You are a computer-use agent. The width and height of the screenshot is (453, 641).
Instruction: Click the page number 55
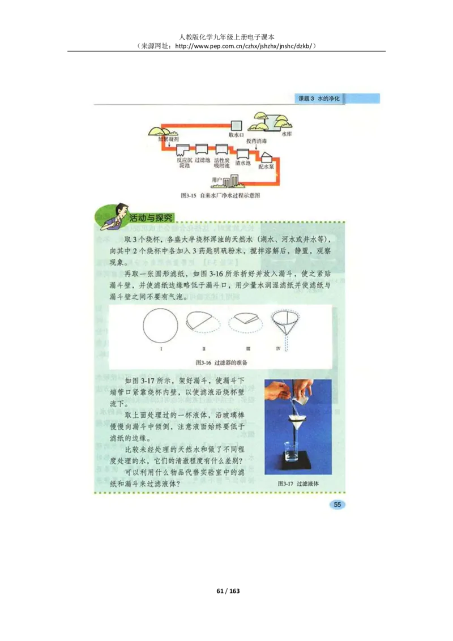pos(336,505)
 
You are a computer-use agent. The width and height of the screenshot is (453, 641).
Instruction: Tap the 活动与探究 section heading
pos(151,217)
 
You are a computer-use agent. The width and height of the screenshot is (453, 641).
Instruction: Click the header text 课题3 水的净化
pos(319,98)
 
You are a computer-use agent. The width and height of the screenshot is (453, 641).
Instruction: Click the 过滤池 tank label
pos(202,160)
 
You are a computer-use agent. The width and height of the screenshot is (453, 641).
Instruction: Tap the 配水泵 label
pos(266,167)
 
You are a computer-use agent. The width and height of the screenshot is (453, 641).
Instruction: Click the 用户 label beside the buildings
pos(216,180)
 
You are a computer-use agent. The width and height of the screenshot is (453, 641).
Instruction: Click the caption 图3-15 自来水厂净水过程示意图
pos(220,195)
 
